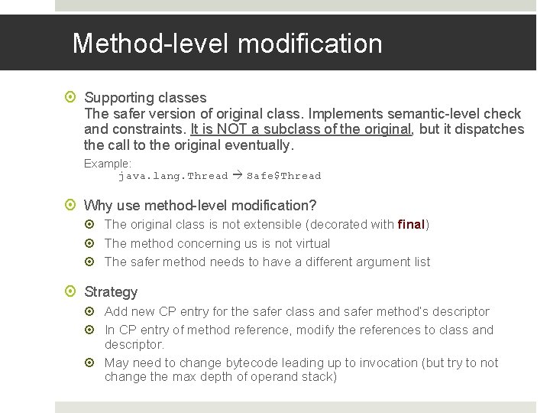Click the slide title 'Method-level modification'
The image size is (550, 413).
[x=227, y=44]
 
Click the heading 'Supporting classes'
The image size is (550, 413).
[x=145, y=97]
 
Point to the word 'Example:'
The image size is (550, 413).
[x=108, y=163]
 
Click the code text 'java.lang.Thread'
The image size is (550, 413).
[x=173, y=176]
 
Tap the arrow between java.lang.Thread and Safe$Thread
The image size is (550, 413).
[x=237, y=176]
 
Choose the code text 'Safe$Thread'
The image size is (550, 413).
[x=283, y=176]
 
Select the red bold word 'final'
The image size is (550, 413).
[x=411, y=224]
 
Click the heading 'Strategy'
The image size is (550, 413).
[x=111, y=291]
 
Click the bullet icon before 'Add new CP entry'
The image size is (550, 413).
[x=92, y=311]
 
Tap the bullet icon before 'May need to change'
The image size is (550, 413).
[x=92, y=363]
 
